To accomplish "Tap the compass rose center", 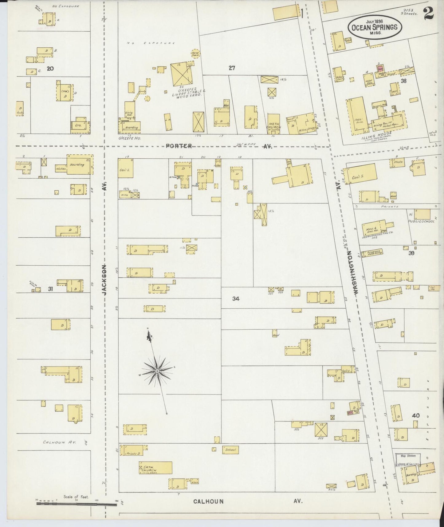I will pyautogui.click(x=157, y=371).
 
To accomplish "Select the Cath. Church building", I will pyautogui.click(x=155, y=468).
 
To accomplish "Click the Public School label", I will pyautogui.click(x=421, y=221).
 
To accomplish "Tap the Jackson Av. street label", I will pyautogui.click(x=104, y=280).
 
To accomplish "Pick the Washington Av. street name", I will pyautogui.click(x=353, y=274).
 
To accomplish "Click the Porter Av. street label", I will pyautogui.click(x=179, y=146).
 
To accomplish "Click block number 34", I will pyautogui.click(x=236, y=299).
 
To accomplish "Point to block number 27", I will pyautogui.click(x=232, y=68).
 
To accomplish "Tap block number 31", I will pyautogui.click(x=50, y=289).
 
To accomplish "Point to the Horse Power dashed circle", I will pyautogui.click(x=195, y=54).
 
